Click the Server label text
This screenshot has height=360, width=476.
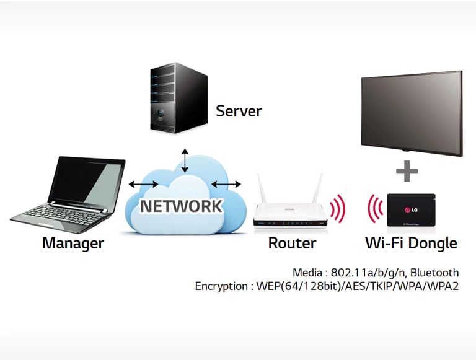tap(239, 112)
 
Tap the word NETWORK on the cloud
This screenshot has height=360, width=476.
tap(180, 206)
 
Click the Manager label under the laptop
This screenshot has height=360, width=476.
tap(73, 243)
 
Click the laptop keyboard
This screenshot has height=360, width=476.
tap(59, 211)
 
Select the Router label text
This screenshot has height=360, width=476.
tap(292, 243)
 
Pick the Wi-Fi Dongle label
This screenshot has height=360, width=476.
tap(412, 243)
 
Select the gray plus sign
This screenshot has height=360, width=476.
tap(407, 171)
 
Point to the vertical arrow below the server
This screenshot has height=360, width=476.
tap(184, 159)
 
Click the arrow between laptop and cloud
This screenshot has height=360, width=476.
tap(143, 184)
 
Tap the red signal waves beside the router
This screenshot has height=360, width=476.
tap(338, 209)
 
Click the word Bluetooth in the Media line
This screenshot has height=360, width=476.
tap(434, 273)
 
